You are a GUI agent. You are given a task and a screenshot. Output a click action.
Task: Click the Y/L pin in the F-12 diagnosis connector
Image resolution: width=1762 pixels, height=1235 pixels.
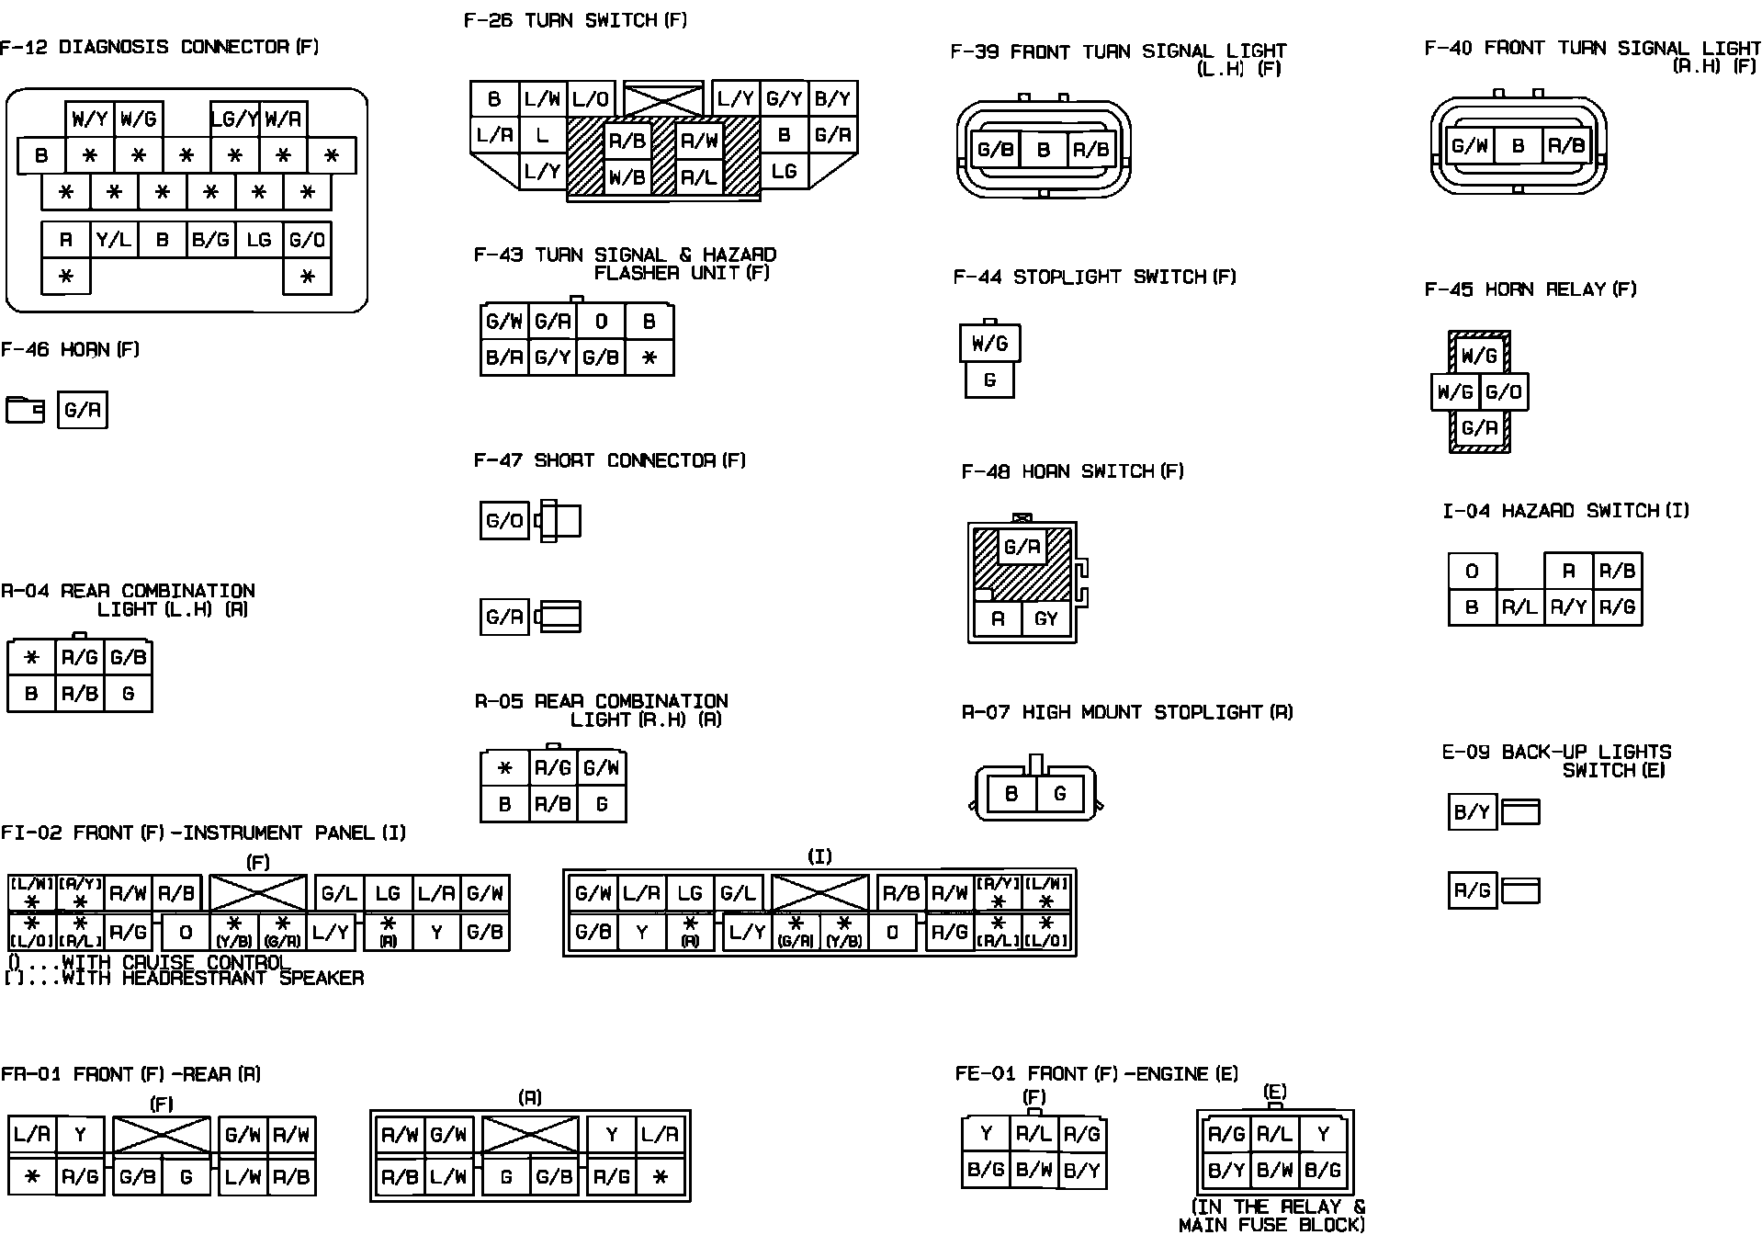114,240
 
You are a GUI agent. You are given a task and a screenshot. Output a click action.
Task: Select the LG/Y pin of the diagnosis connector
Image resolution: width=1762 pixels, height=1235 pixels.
234,119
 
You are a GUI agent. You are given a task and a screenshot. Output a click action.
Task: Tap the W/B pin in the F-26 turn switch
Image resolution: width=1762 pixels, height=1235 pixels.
627,176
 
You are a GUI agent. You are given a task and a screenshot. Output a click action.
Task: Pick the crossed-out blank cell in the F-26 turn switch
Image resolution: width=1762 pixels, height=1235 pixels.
662,99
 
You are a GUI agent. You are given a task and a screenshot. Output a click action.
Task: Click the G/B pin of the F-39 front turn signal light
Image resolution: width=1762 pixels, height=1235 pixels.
996,149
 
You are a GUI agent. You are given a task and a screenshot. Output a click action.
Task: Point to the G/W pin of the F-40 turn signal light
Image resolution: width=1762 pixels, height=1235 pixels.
1470,145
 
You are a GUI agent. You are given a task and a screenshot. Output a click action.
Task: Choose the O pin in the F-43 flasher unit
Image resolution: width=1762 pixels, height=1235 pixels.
601,322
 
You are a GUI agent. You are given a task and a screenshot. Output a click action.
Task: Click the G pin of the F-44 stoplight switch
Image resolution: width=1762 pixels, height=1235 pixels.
989,380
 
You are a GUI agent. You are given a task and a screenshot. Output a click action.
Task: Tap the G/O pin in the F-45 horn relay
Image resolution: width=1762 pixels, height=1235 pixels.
1504,392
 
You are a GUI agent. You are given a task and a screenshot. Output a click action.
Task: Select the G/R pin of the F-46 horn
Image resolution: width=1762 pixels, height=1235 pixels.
83,410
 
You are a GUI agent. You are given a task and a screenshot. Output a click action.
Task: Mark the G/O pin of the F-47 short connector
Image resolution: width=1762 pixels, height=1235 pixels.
504,522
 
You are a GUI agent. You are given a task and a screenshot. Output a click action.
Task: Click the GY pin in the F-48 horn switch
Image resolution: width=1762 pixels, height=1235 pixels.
1046,618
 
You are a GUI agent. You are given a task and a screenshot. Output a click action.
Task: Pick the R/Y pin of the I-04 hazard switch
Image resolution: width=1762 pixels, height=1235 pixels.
1568,606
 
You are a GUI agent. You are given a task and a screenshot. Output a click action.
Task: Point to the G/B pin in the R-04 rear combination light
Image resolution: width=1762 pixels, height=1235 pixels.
128,658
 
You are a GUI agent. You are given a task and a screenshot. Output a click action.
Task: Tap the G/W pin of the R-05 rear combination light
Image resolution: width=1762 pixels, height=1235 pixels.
601,767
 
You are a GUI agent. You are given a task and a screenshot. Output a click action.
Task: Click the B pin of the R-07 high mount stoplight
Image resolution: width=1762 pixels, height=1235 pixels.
1011,793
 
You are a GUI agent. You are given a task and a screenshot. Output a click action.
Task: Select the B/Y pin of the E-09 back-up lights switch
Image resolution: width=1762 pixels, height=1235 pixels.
1472,812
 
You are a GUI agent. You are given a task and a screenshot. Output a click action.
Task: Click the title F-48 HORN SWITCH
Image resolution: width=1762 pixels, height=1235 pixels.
1072,471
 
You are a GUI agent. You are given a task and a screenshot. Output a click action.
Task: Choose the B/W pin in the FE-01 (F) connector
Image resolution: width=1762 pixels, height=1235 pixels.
1033,1170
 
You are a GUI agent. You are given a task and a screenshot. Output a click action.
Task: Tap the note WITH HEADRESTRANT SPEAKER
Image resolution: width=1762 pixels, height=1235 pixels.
212,978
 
